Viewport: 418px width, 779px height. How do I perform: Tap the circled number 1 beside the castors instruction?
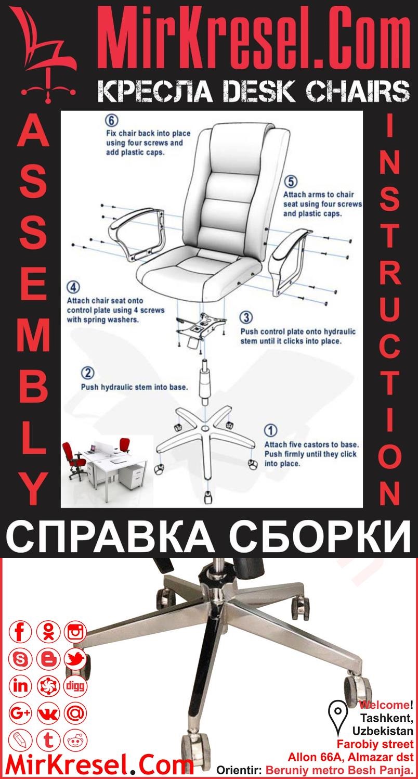pyautogui.click(x=271, y=430)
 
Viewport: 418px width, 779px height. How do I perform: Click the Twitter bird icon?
pyautogui.click(x=75, y=659)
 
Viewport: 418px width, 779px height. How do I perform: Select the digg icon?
pyautogui.click(x=75, y=686)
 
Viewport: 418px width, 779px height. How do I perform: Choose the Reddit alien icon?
pyautogui.click(x=75, y=739)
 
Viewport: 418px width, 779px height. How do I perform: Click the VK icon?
pyautogui.click(x=48, y=713)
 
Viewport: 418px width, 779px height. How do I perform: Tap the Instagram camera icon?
pyautogui.click(x=75, y=632)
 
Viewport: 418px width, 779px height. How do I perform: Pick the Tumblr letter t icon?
pyautogui.click(x=48, y=739)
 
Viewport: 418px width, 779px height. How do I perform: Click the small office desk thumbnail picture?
pyautogui.click(x=104, y=463)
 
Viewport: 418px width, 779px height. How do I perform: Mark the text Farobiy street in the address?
pyautogui.click(x=375, y=744)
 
